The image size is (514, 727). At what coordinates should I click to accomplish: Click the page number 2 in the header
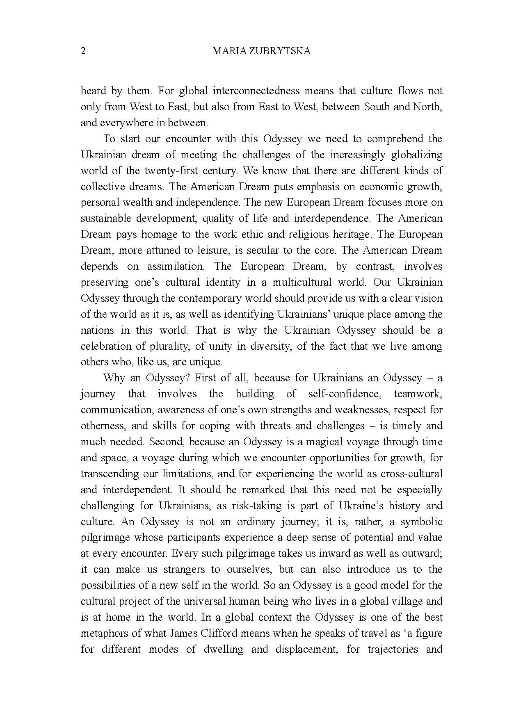[x=83, y=51]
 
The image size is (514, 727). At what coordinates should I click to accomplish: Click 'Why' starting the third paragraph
[x=114, y=378]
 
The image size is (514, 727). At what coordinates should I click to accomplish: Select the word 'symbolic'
[x=421, y=522]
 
